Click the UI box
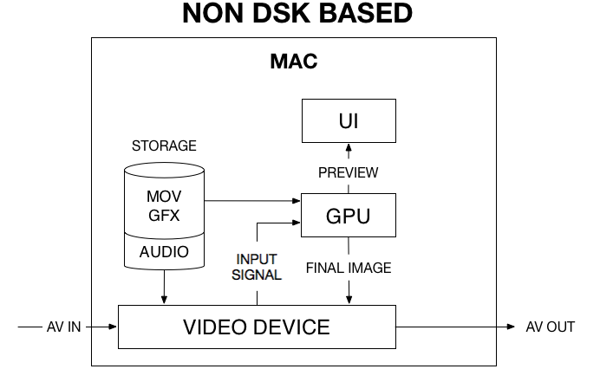349,120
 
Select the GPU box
349,216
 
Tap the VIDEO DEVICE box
257,327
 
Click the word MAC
294,61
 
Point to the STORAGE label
164,146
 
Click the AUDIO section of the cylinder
164,251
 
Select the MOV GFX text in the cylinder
164,206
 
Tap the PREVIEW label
349,172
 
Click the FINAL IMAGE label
349,268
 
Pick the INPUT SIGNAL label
257,267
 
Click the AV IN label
64,327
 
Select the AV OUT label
551,327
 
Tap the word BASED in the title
366,13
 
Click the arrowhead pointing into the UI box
349,147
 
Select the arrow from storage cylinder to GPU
252,200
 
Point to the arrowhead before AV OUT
511,327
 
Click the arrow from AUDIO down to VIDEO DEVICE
164,287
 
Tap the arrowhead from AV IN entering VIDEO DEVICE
114,327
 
